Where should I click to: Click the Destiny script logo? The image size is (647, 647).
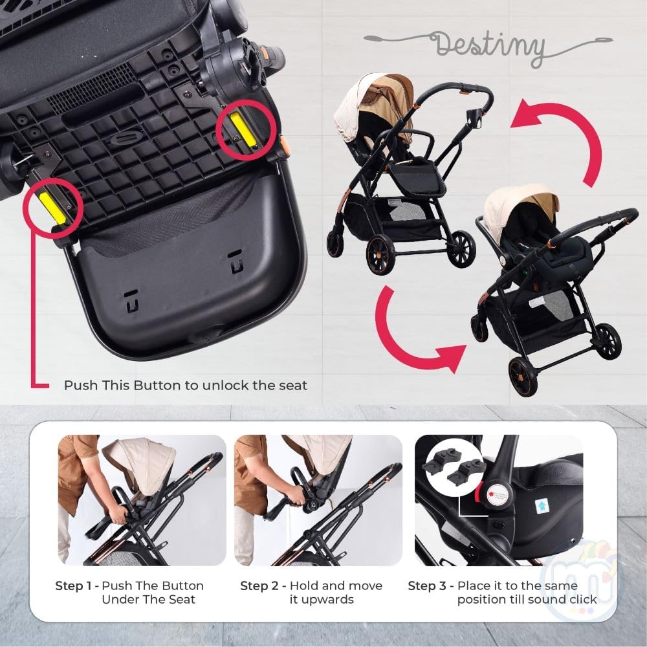tap(489, 46)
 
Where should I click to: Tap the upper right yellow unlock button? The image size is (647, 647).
tap(243, 129)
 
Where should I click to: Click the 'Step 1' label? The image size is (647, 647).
tap(73, 586)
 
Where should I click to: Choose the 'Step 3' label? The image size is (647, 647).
tap(427, 586)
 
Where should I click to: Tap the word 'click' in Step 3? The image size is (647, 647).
tap(583, 600)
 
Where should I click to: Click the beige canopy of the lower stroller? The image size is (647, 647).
tap(520, 206)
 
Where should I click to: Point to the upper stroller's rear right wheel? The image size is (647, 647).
tap(462, 249)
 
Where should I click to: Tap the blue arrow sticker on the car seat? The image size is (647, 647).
tap(541, 507)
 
